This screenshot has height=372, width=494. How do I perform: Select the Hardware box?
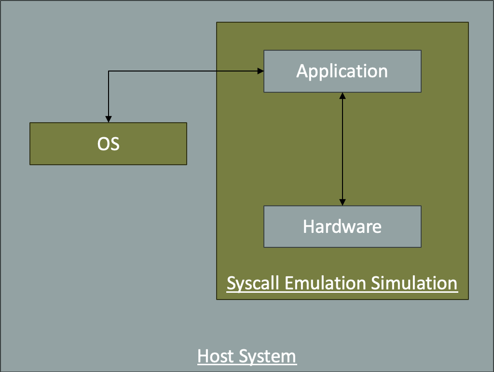tap(343, 239)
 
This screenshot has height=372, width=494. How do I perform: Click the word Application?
tap(342, 72)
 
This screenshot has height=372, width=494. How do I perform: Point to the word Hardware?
tap(342, 227)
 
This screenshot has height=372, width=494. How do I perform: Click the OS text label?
tap(109, 144)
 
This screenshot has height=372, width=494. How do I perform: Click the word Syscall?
tap(254, 283)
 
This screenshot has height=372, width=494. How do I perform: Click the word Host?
tap(214, 357)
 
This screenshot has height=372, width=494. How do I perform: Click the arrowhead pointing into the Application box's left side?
tap(261, 72)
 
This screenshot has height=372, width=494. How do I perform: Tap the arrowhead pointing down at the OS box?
tap(109, 119)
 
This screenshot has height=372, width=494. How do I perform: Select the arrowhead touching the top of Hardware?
tap(343, 202)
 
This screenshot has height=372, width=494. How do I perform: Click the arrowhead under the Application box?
tap(343, 96)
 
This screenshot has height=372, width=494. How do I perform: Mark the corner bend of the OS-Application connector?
tap(109, 72)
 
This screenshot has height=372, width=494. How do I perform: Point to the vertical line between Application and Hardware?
tap(343, 149)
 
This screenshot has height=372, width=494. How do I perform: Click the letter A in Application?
tap(302, 72)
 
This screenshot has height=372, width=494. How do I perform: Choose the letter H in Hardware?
tap(308, 227)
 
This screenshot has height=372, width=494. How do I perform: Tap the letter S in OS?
tap(115, 144)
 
